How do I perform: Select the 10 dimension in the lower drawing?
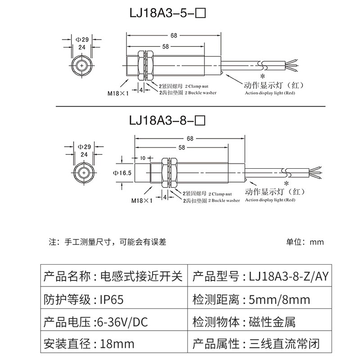tap(143, 158)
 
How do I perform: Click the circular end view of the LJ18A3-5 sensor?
tap(81, 66)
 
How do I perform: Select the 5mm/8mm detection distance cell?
tap(279, 300)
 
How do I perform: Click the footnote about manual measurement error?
tap(108, 242)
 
